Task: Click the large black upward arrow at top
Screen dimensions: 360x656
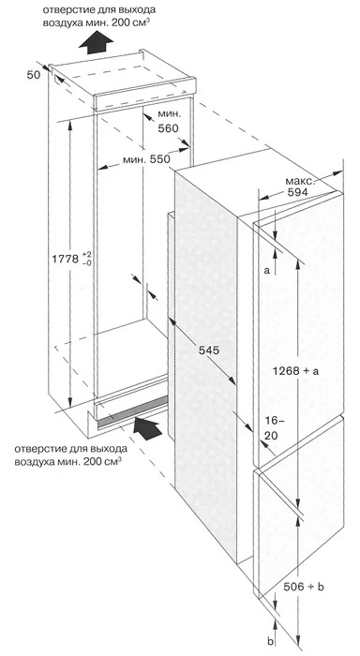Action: (96, 42)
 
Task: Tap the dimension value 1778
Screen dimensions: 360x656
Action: (65, 259)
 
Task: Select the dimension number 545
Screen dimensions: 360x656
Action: (209, 350)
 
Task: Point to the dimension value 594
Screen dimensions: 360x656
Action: (297, 192)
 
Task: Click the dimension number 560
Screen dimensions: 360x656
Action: (168, 128)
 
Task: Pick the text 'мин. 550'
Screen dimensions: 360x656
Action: (146, 159)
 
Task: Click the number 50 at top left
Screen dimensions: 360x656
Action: (34, 75)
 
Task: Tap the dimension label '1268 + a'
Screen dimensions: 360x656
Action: (295, 371)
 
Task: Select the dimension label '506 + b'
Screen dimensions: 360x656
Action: (304, 587)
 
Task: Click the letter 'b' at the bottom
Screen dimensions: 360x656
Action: (270, 640)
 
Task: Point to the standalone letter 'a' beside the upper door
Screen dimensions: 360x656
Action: (266, 270)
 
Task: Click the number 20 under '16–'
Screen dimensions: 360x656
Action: (271, 436)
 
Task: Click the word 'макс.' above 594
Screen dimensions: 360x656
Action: (300, 182)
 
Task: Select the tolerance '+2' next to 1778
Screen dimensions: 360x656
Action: (86, 255)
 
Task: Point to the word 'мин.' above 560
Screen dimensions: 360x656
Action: (170, 113)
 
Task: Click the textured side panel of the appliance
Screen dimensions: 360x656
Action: (205, 364)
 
